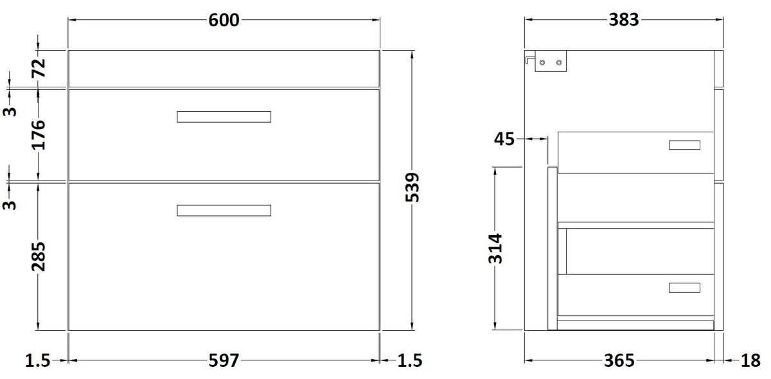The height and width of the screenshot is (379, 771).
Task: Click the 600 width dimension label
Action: tap(224, 20)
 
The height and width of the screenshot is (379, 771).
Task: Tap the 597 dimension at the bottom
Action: tap(224, 361)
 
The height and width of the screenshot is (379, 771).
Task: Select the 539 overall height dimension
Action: tap(412, 188)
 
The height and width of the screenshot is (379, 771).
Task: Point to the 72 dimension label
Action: tap(39, 68)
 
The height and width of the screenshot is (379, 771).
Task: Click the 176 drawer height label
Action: tap(39, 135)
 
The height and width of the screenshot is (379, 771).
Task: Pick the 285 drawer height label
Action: tap(39, 257)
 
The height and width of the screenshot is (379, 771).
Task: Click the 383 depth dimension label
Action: tap(624, 20)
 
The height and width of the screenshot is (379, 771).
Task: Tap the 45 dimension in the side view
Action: tap(504, 139)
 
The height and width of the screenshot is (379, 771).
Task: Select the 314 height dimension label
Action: tap(495, 249)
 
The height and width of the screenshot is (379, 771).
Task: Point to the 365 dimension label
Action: tap(619, 361)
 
